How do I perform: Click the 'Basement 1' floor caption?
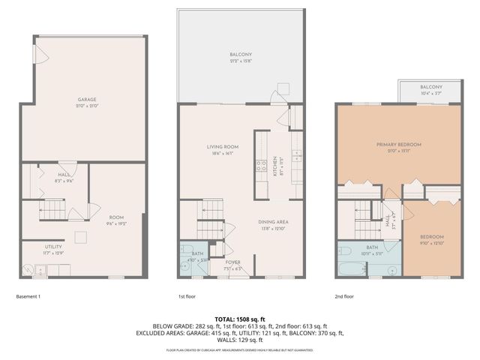pos(28,296)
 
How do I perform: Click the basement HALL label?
pos(64,177)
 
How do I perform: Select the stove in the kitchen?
pos(261,165)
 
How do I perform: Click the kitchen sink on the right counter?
pos(297,156)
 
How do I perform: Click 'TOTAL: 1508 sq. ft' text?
pos(240,319)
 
